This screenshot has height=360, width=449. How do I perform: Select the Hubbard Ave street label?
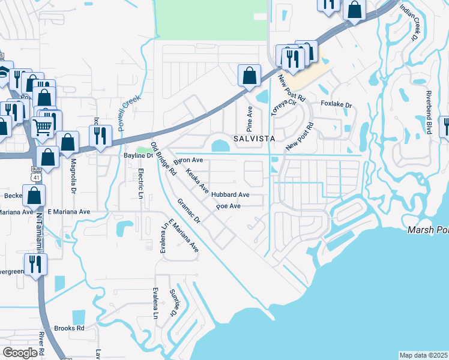pos(230,195)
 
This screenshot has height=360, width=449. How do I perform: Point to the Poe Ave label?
pos(228,206)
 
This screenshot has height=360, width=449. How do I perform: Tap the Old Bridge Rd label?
pos(163,158)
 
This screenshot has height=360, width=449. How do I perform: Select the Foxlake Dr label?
pos(336,105)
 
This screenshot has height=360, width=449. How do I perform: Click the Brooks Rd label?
pos(69,328)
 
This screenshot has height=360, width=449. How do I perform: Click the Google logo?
pos(20,353)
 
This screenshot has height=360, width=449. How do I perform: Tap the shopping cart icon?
pos(42,126)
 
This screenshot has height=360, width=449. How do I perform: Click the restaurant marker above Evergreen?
pos(35,263)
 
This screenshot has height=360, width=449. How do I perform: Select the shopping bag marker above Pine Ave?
pos(249,76)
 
